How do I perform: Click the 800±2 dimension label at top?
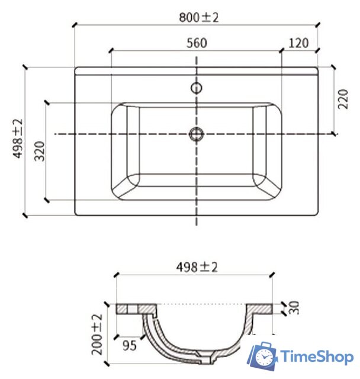click(x=198, y=17)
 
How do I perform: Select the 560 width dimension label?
click(x=196, y=43)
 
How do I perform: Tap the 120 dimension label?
click(x=299, y=43)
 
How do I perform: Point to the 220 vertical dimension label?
click(x=343, y=99)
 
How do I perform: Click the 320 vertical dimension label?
click(x=40, y=152)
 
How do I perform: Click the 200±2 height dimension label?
click(x=98, y=335)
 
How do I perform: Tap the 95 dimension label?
click(x=129, y=345)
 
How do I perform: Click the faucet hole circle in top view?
click(x=196, y=89)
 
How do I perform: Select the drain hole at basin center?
click(x=196, y=134)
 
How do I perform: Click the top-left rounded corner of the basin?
click(x=120, y=110)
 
